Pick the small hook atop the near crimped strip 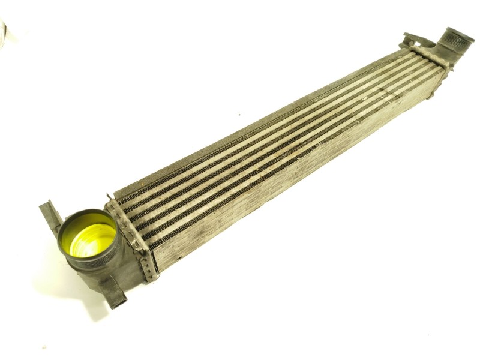click(x=108, y=197)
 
